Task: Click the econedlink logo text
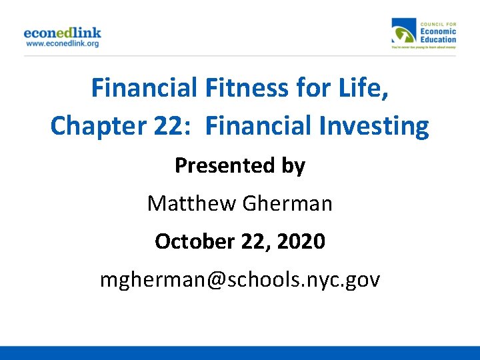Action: point(62,32)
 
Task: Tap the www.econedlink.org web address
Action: point(62,43)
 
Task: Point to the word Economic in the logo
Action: point(438,31)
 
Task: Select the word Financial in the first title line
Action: point(143,87)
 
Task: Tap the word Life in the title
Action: point(363,87)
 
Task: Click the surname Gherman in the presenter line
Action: point(287,203)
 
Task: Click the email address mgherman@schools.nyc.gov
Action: point(240,279)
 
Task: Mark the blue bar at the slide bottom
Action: point(240,353)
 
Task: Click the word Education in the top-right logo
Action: point(438,39)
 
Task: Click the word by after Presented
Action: point(293,165)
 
